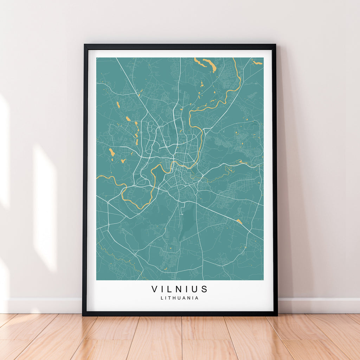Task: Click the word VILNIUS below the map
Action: point(180,289)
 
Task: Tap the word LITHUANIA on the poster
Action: point(180,298)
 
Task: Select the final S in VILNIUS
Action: point(205,289)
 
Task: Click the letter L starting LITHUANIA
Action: point(162,298)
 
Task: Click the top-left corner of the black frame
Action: point(85,45)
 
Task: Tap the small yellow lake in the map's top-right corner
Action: point(257,63)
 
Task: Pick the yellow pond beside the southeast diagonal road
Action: point(239,221)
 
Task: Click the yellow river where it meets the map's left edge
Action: point(97,176)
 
